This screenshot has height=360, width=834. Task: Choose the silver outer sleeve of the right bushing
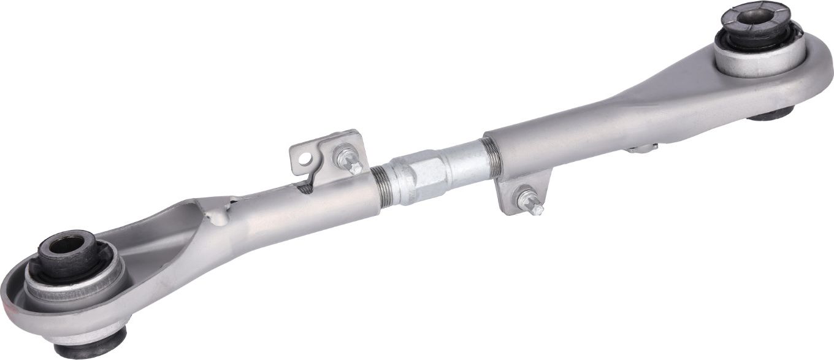[760, 61]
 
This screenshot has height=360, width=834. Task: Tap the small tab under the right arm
[641, 148]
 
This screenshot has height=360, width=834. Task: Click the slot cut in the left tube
[305, 187]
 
